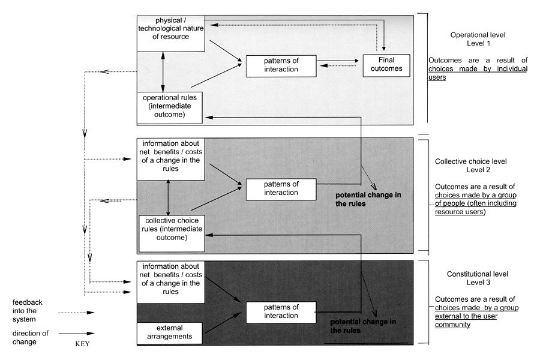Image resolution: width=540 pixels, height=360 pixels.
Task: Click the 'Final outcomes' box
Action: pyautogui.click(x=386, y=65)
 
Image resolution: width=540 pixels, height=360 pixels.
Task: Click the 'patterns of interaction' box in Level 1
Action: pyautogui.click(x=281, y=65)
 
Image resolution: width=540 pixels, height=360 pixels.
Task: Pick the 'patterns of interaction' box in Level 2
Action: pyautogui.click(x=281, y=188)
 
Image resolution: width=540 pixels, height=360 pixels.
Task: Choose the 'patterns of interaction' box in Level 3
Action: pyautogui.click(x=281, y=311)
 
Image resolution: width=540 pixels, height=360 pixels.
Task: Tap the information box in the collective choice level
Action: pyautogui.click(x=171, y=160)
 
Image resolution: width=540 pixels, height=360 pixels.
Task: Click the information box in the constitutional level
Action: pyautogui.click(x=171, y=283)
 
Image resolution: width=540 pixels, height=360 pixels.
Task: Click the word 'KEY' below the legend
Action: pyautogui.click(x=82, y=346)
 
